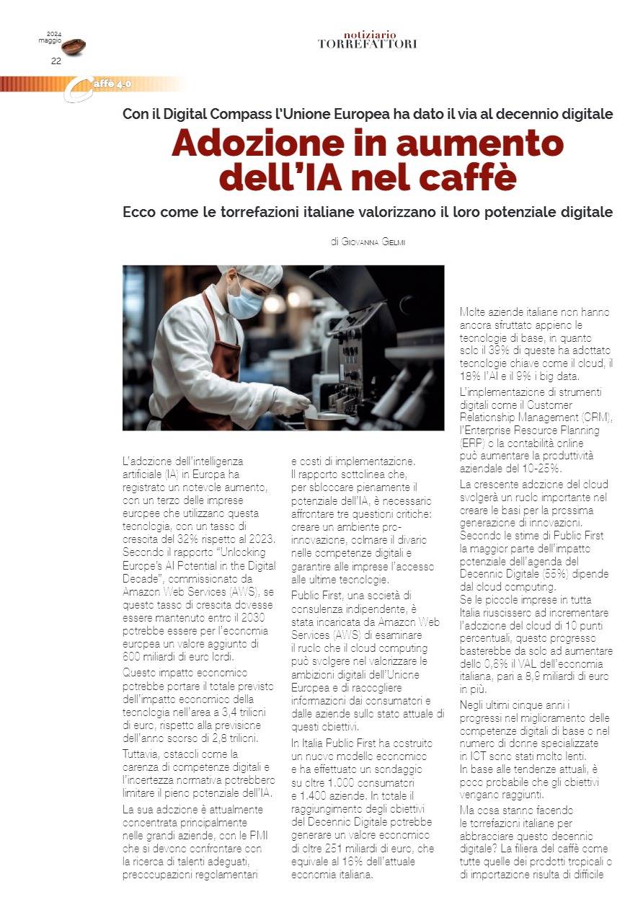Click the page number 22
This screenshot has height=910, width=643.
coord(56,61)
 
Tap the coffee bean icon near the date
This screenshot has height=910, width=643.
coord(74,47)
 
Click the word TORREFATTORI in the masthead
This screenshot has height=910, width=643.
coord(367,44)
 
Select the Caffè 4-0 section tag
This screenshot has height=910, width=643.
coord(108,84)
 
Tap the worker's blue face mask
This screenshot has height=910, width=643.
coord(245,303)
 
